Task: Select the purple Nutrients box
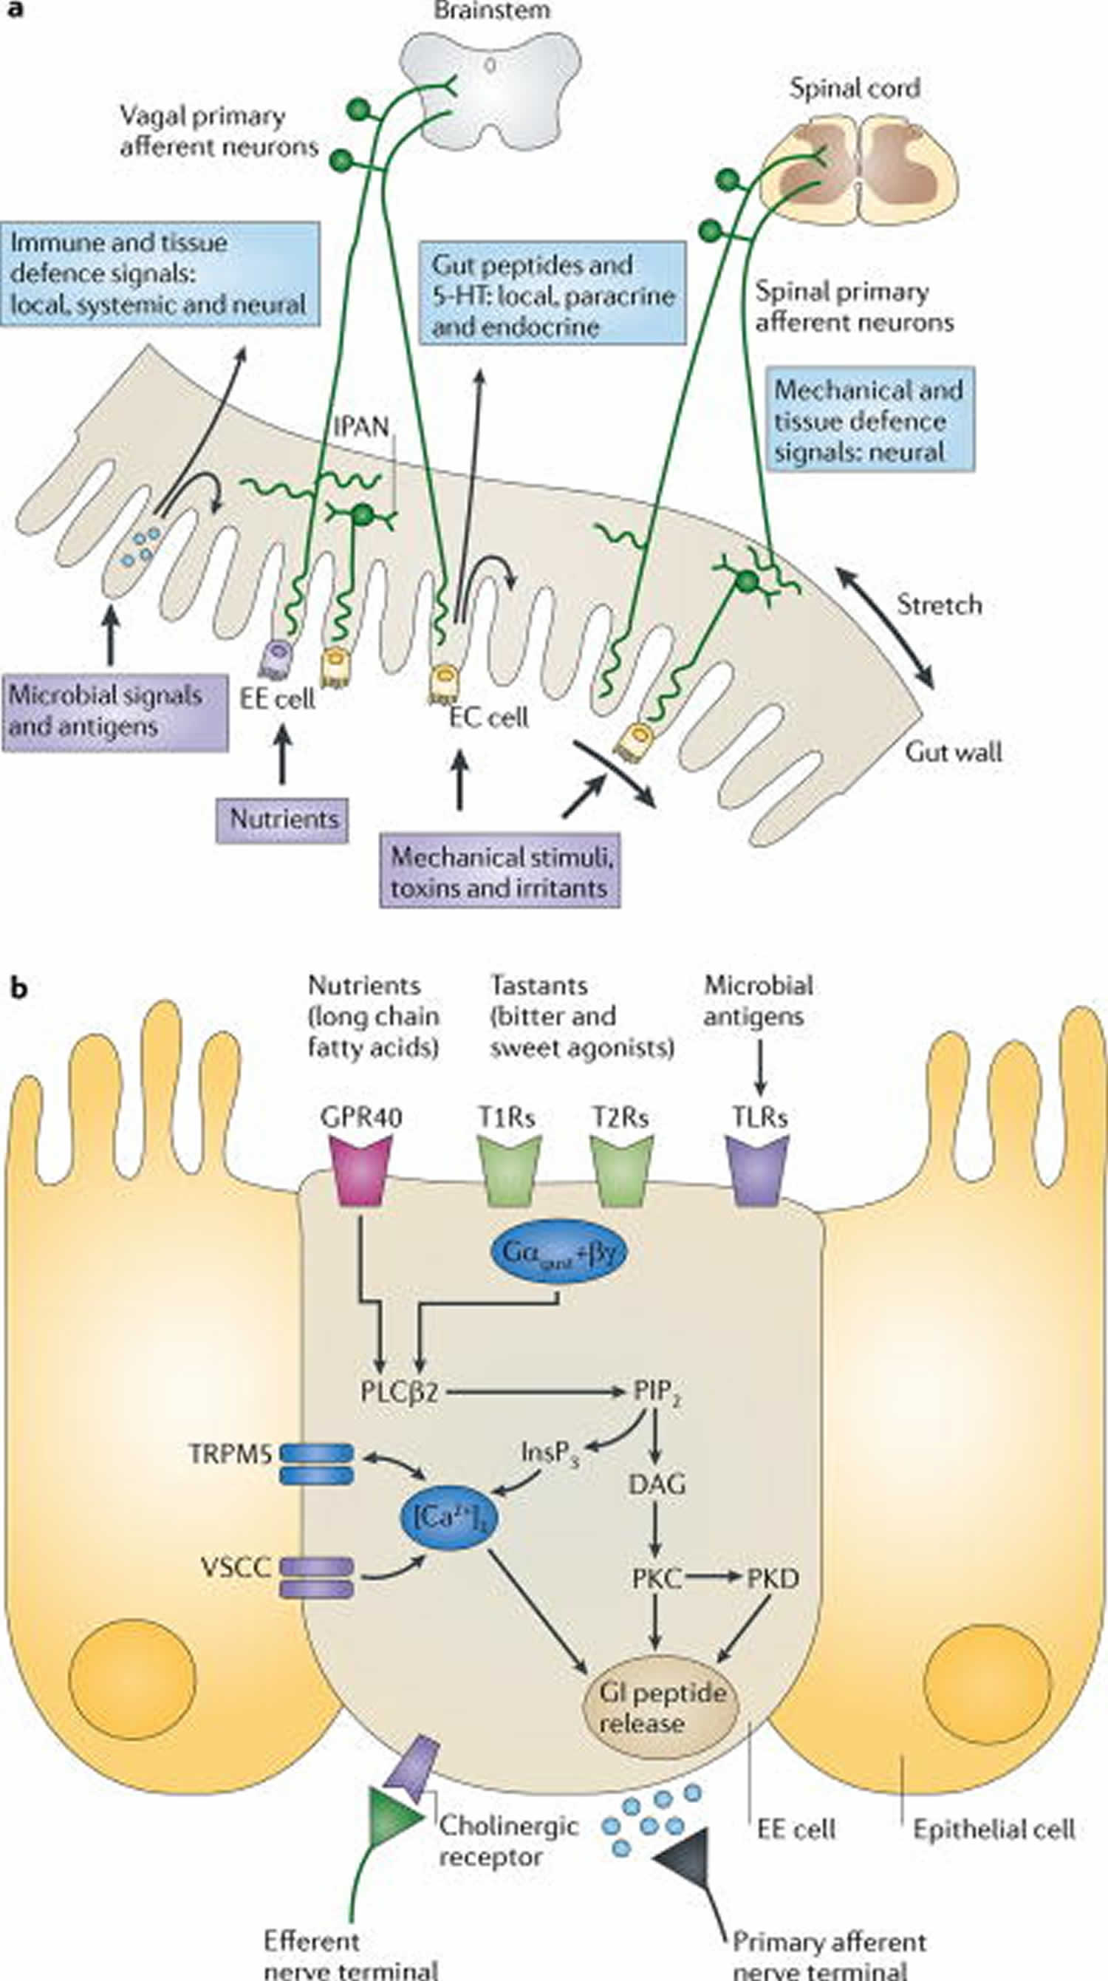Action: point(282,819)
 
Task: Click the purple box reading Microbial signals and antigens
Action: point(114,712)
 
